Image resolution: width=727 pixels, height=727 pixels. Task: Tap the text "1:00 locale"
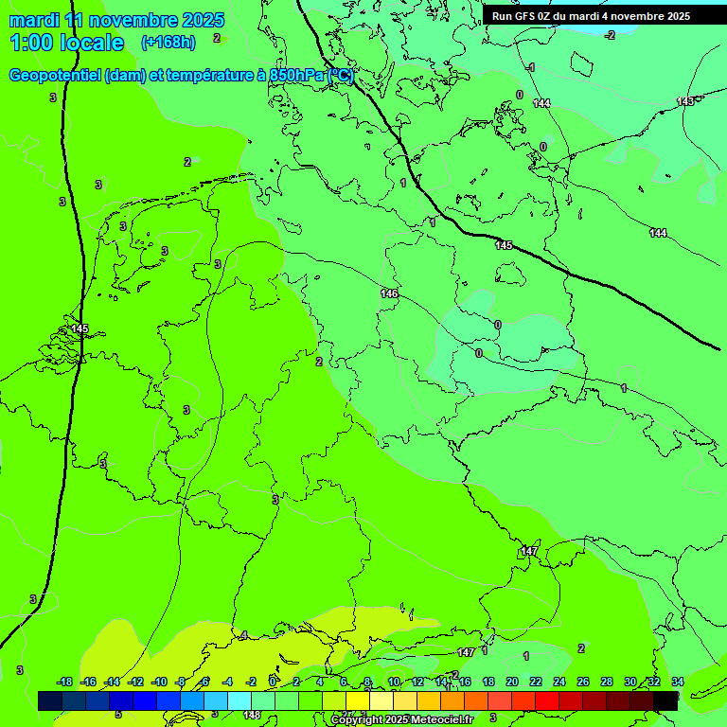(x=66, y=43)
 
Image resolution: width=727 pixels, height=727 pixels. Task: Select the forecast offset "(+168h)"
(x=168, y=42)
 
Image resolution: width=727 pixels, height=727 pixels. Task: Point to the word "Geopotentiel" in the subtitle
(x=55, y=76)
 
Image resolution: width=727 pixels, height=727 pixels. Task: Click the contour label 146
(x=389, y=294)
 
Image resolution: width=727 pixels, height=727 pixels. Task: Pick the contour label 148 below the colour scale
(x=252, y=715)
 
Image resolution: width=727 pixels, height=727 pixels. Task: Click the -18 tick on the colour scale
(x=64, y=682)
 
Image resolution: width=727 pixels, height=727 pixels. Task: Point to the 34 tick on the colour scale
(x=677, y=682)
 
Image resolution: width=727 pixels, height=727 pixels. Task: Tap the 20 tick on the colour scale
(x=511, y=682)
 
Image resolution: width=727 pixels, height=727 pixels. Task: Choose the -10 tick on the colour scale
(x=159, y=682)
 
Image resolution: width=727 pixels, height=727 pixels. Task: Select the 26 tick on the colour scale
(x=582, y=682)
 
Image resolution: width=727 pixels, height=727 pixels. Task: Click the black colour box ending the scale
(x=665, y=700)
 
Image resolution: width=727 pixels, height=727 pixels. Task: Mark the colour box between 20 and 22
(x=523, y=700)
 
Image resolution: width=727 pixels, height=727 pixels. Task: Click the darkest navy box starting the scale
(x=50, y=700)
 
